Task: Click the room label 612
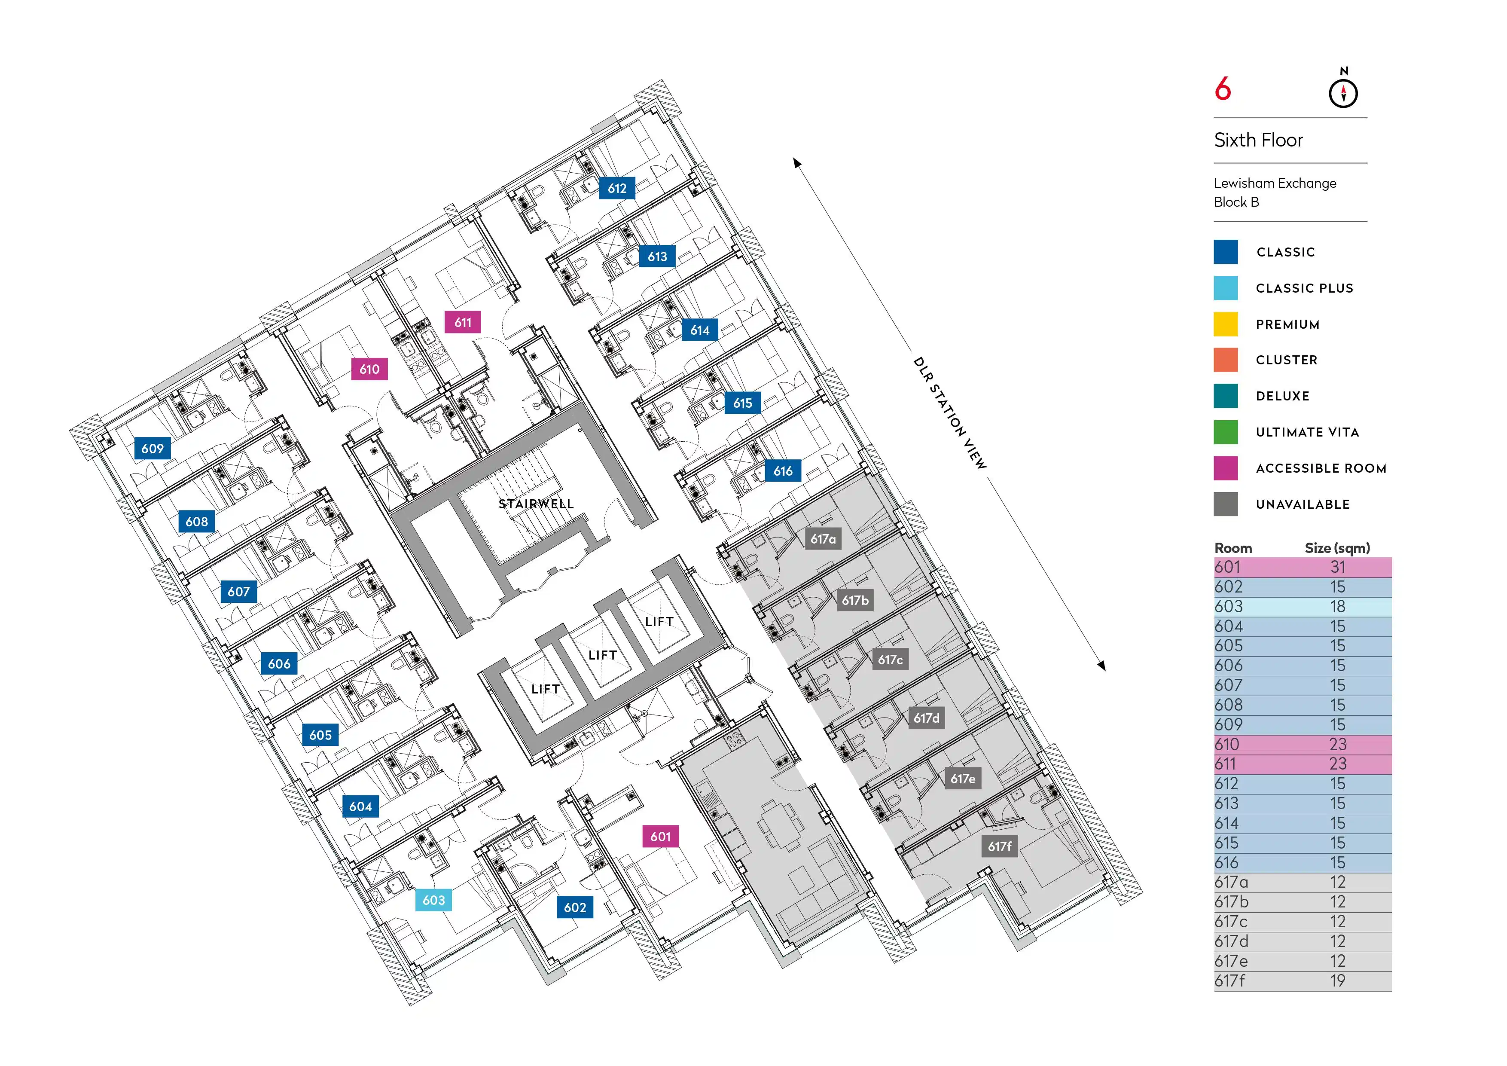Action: [x=616, y=188]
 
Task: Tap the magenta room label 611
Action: [x=463, y=322]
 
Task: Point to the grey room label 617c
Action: [x=890, y=660]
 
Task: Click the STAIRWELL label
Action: [x=536, y=504]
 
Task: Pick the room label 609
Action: [x=152, y=448]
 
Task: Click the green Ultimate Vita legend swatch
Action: [x=1226, y=432]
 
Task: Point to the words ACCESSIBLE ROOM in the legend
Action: [x=1321, y=468]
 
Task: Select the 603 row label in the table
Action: [x=1229, y=607]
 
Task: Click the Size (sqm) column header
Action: [x=1337, y=548]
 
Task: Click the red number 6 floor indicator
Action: [x=1223, y=89]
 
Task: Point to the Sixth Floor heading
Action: [x=1258, y=140]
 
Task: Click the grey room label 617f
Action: [x=1000, y=847]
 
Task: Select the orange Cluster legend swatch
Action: [x=1226, y=360]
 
